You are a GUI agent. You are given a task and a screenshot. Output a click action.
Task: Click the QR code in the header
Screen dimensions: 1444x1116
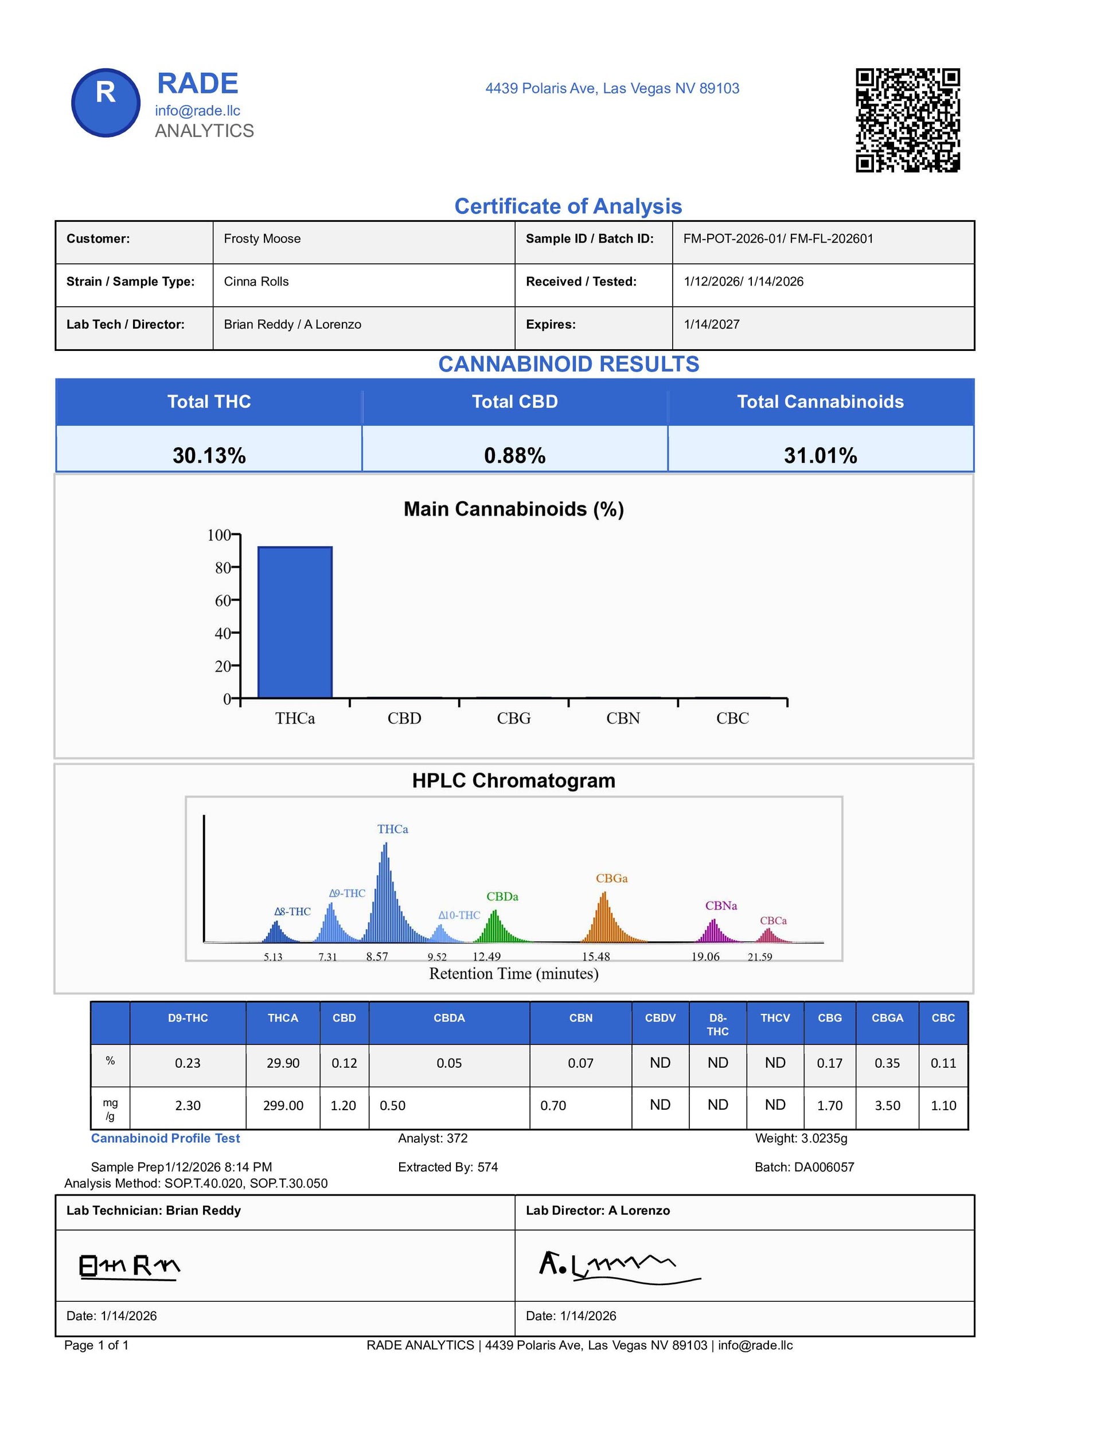[x=907, y=120]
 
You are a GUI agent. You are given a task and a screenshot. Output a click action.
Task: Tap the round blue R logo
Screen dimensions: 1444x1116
[x=106, y=103]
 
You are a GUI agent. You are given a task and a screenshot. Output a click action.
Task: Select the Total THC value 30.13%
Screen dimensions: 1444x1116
[x=209, y=455]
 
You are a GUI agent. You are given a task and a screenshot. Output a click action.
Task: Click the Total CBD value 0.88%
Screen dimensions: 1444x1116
[x=514, y=455]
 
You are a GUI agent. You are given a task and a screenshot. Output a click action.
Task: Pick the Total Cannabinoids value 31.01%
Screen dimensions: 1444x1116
[x=820, y=455]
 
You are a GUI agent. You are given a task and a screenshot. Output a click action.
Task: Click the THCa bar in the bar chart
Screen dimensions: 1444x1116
[x=295, y=622]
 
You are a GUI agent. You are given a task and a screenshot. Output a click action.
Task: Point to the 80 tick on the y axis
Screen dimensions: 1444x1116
[x=223, y=567]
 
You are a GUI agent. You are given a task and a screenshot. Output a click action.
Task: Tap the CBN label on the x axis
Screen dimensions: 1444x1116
[x=623, y=718]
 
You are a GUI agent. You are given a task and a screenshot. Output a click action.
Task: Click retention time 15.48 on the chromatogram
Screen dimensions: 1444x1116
[x=596, y=957]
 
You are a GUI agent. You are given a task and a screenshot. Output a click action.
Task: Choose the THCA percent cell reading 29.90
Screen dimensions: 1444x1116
[x=283, y=1063]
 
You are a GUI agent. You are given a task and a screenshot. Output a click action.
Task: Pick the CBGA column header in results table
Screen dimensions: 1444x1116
[x=887, y=1018]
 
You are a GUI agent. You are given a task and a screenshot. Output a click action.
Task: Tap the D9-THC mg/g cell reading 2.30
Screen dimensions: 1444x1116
[x=188, y=1106]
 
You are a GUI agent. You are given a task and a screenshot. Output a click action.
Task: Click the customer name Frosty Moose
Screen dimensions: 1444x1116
[x=262, y=239]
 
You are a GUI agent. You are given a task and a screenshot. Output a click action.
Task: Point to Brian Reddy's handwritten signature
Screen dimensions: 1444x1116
[x=130, y=1266]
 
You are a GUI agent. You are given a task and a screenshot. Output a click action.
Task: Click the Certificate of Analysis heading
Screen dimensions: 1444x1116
[x=568, y=206]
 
